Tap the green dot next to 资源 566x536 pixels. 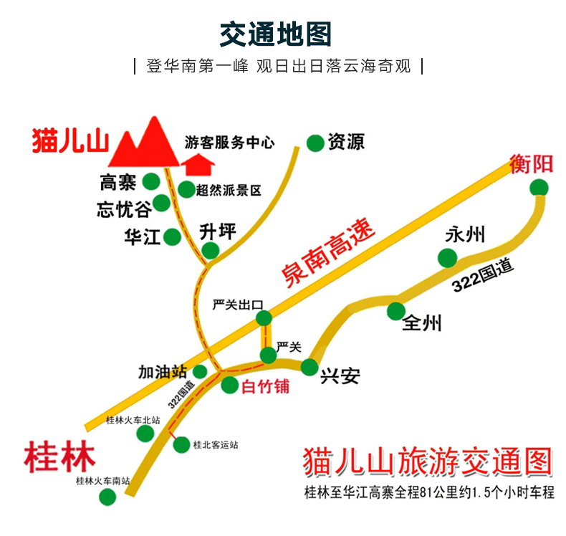(x=315, y=143)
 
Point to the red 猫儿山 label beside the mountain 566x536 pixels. (x=69, y=140)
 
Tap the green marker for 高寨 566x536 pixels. (x=150, y=181)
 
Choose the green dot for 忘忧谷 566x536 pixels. (x=162, y=203)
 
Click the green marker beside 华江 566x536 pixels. (x=172, y=236)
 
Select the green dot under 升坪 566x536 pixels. (x=211, y=250)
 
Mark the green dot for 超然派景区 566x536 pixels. (x=186, y=190)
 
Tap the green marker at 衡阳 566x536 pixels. (x=539, y=188)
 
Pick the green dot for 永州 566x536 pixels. (x=448, y=258)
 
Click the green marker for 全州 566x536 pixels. (x=395, y=311)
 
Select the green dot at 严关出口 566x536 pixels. (x=264, y=318)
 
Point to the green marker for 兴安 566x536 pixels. (x=310, y=367)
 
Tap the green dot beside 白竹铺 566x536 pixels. (x=229, y=386)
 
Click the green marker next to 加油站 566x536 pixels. (x=200, y=371)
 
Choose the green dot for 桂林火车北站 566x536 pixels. (x=145, y=433)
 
